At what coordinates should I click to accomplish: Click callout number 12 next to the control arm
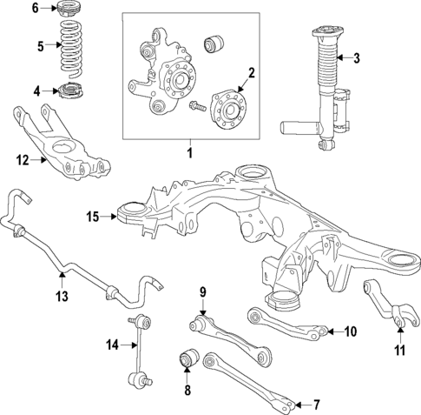click(x=22, y=159)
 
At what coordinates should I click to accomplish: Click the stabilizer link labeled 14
click(x=139, y=357)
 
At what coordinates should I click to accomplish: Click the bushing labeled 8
click(x=188, y=357)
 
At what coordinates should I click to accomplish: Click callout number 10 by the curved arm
click(x=351, y=331)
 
